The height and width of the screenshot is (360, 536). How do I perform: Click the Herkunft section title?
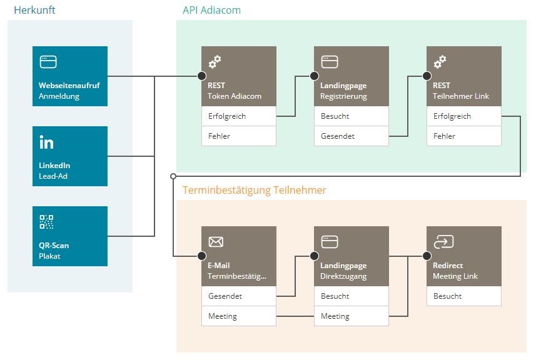pos(34,10)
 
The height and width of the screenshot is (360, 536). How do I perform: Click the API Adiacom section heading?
pos(211,10)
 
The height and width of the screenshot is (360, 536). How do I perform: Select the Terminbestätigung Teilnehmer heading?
pos(254,190)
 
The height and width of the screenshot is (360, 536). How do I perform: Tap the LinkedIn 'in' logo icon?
pos(47,142)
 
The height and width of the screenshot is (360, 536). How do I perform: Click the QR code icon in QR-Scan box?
pos(47,222)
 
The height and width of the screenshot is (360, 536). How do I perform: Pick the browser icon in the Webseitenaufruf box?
pos(48,62)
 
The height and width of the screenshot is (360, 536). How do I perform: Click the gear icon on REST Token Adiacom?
pos(215,62)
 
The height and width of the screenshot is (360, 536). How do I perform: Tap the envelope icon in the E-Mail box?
pos(216,242)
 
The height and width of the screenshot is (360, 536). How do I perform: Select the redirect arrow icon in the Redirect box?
pos(443,242)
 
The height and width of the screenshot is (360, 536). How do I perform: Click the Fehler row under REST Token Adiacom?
pos(238,136)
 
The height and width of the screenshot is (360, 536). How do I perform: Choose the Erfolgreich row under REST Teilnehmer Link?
pos(463,116)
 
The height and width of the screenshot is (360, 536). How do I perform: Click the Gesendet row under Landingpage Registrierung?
pos(351,136)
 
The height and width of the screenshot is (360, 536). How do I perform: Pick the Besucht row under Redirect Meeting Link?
pos(463,296)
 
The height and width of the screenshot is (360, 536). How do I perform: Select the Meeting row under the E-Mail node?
pos(238,316)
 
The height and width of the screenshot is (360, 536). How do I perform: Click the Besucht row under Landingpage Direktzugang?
pos(351,296)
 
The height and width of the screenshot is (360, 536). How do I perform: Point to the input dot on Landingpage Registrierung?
pos(314,76)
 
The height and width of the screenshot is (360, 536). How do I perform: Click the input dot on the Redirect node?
pos(427,256)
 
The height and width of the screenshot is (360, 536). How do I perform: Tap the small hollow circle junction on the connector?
pos(173,176)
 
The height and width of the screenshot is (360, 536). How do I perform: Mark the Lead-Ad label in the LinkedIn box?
pos(53,176)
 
